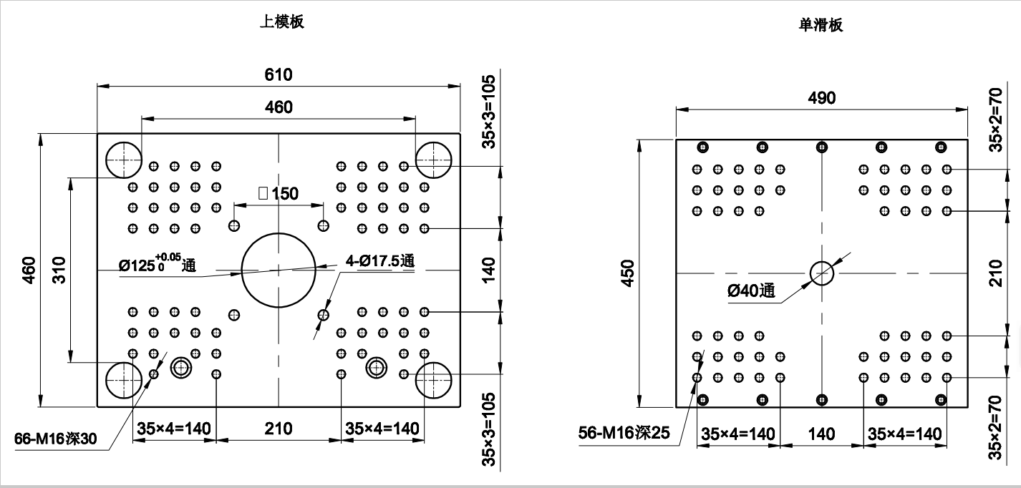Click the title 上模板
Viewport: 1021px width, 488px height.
tap(281, 21)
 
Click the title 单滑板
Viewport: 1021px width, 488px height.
tap(821, 25)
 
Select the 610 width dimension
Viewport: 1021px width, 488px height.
tap(279, 74)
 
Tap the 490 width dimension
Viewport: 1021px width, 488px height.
tap(821, 98)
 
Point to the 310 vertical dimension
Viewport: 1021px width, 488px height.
tap(59, 269)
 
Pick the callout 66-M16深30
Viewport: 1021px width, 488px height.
tap(55, 439)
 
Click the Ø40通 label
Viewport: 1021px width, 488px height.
tap(751, 291)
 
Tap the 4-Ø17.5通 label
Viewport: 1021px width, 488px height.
tap(379, 261)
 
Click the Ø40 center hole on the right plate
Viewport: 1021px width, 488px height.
tap(822, 272)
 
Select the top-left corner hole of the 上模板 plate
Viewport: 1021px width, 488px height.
tap(124, 160)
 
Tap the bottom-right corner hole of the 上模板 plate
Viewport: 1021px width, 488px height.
tap(434, 379)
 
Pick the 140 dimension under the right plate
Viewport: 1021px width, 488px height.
tap(821, 433)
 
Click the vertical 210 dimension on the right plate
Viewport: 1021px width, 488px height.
tap(995, 273)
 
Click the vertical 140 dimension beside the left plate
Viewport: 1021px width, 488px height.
tap(488, 270)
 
